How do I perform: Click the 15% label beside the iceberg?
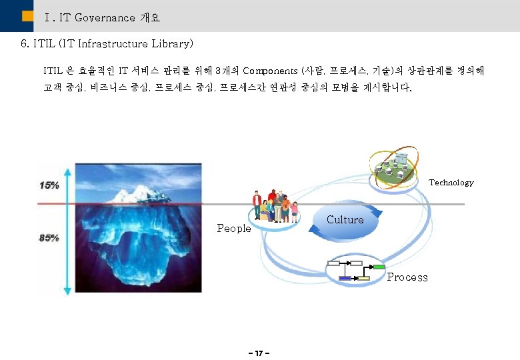pyautogui.click(x=49, y=185)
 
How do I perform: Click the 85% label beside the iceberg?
pyautogui.click(x=49, y=237)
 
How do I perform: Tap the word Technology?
pyautogui.click(x=451, y=183)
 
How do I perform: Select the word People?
pyautogui.click(x=234, y=229)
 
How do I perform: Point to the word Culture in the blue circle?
pyautogui.click(x=345, y=220)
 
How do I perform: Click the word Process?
pyautogui.click(x=407, y=277)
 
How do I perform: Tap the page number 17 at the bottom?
pyautogui.click(x=259, y=351)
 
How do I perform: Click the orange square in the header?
pyautogui.click(x=27, y=17)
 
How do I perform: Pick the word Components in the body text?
pyautogui.click(x=271, y=70)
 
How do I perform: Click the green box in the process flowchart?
pyautogui.click(x=379, y=267)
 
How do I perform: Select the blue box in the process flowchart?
pyautogui.click(x=345, y=278)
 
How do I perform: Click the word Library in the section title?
pyautogui.click(x=172, y=44)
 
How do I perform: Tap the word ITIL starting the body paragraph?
pyautogui.click(x=53, y=70)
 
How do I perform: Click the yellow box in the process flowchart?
pyautogui.click(x=363, y=278)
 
